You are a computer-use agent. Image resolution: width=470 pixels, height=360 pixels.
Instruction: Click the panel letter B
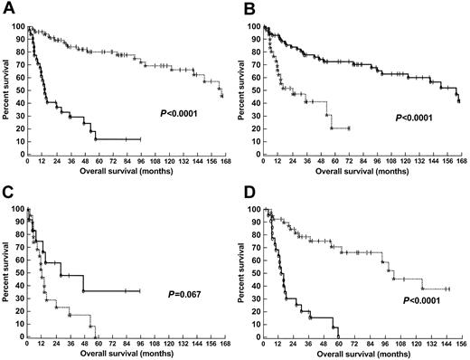247,7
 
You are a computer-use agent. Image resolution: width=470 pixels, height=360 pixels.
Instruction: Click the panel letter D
247,192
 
